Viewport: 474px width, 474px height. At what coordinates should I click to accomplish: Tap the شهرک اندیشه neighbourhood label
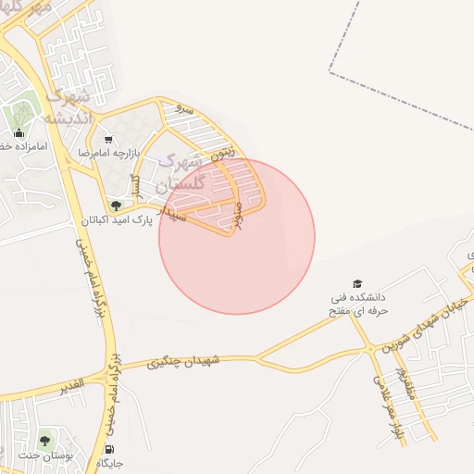(66, 106)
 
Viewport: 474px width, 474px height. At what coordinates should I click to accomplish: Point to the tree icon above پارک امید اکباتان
(116, 206)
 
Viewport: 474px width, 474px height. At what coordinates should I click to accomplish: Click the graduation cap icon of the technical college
(356, 283)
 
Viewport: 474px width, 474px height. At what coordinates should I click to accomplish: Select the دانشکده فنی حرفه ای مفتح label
(358, 306)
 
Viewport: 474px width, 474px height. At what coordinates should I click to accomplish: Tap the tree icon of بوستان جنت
(44, 441)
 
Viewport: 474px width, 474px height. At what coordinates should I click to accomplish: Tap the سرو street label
(185, 109)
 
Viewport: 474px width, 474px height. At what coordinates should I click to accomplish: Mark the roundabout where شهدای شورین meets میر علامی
(371, 348)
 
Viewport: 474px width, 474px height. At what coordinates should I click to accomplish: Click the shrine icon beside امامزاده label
(19, 131)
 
